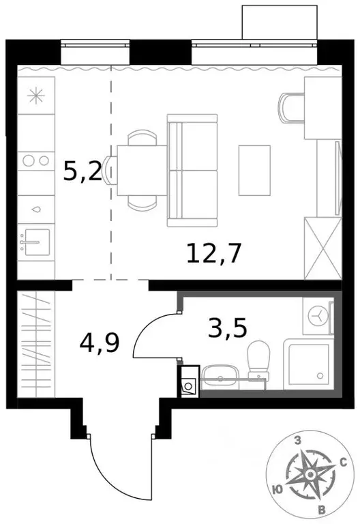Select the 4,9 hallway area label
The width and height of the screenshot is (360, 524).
coord(99,341)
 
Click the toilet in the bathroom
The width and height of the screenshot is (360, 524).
coord(258,360)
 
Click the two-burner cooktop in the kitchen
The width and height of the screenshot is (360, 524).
coord(35,161)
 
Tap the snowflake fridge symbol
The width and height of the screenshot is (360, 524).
coord(35,96)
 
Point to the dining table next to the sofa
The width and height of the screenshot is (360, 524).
coord(141,169)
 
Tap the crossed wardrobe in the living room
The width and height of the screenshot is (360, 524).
coord(321,246)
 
